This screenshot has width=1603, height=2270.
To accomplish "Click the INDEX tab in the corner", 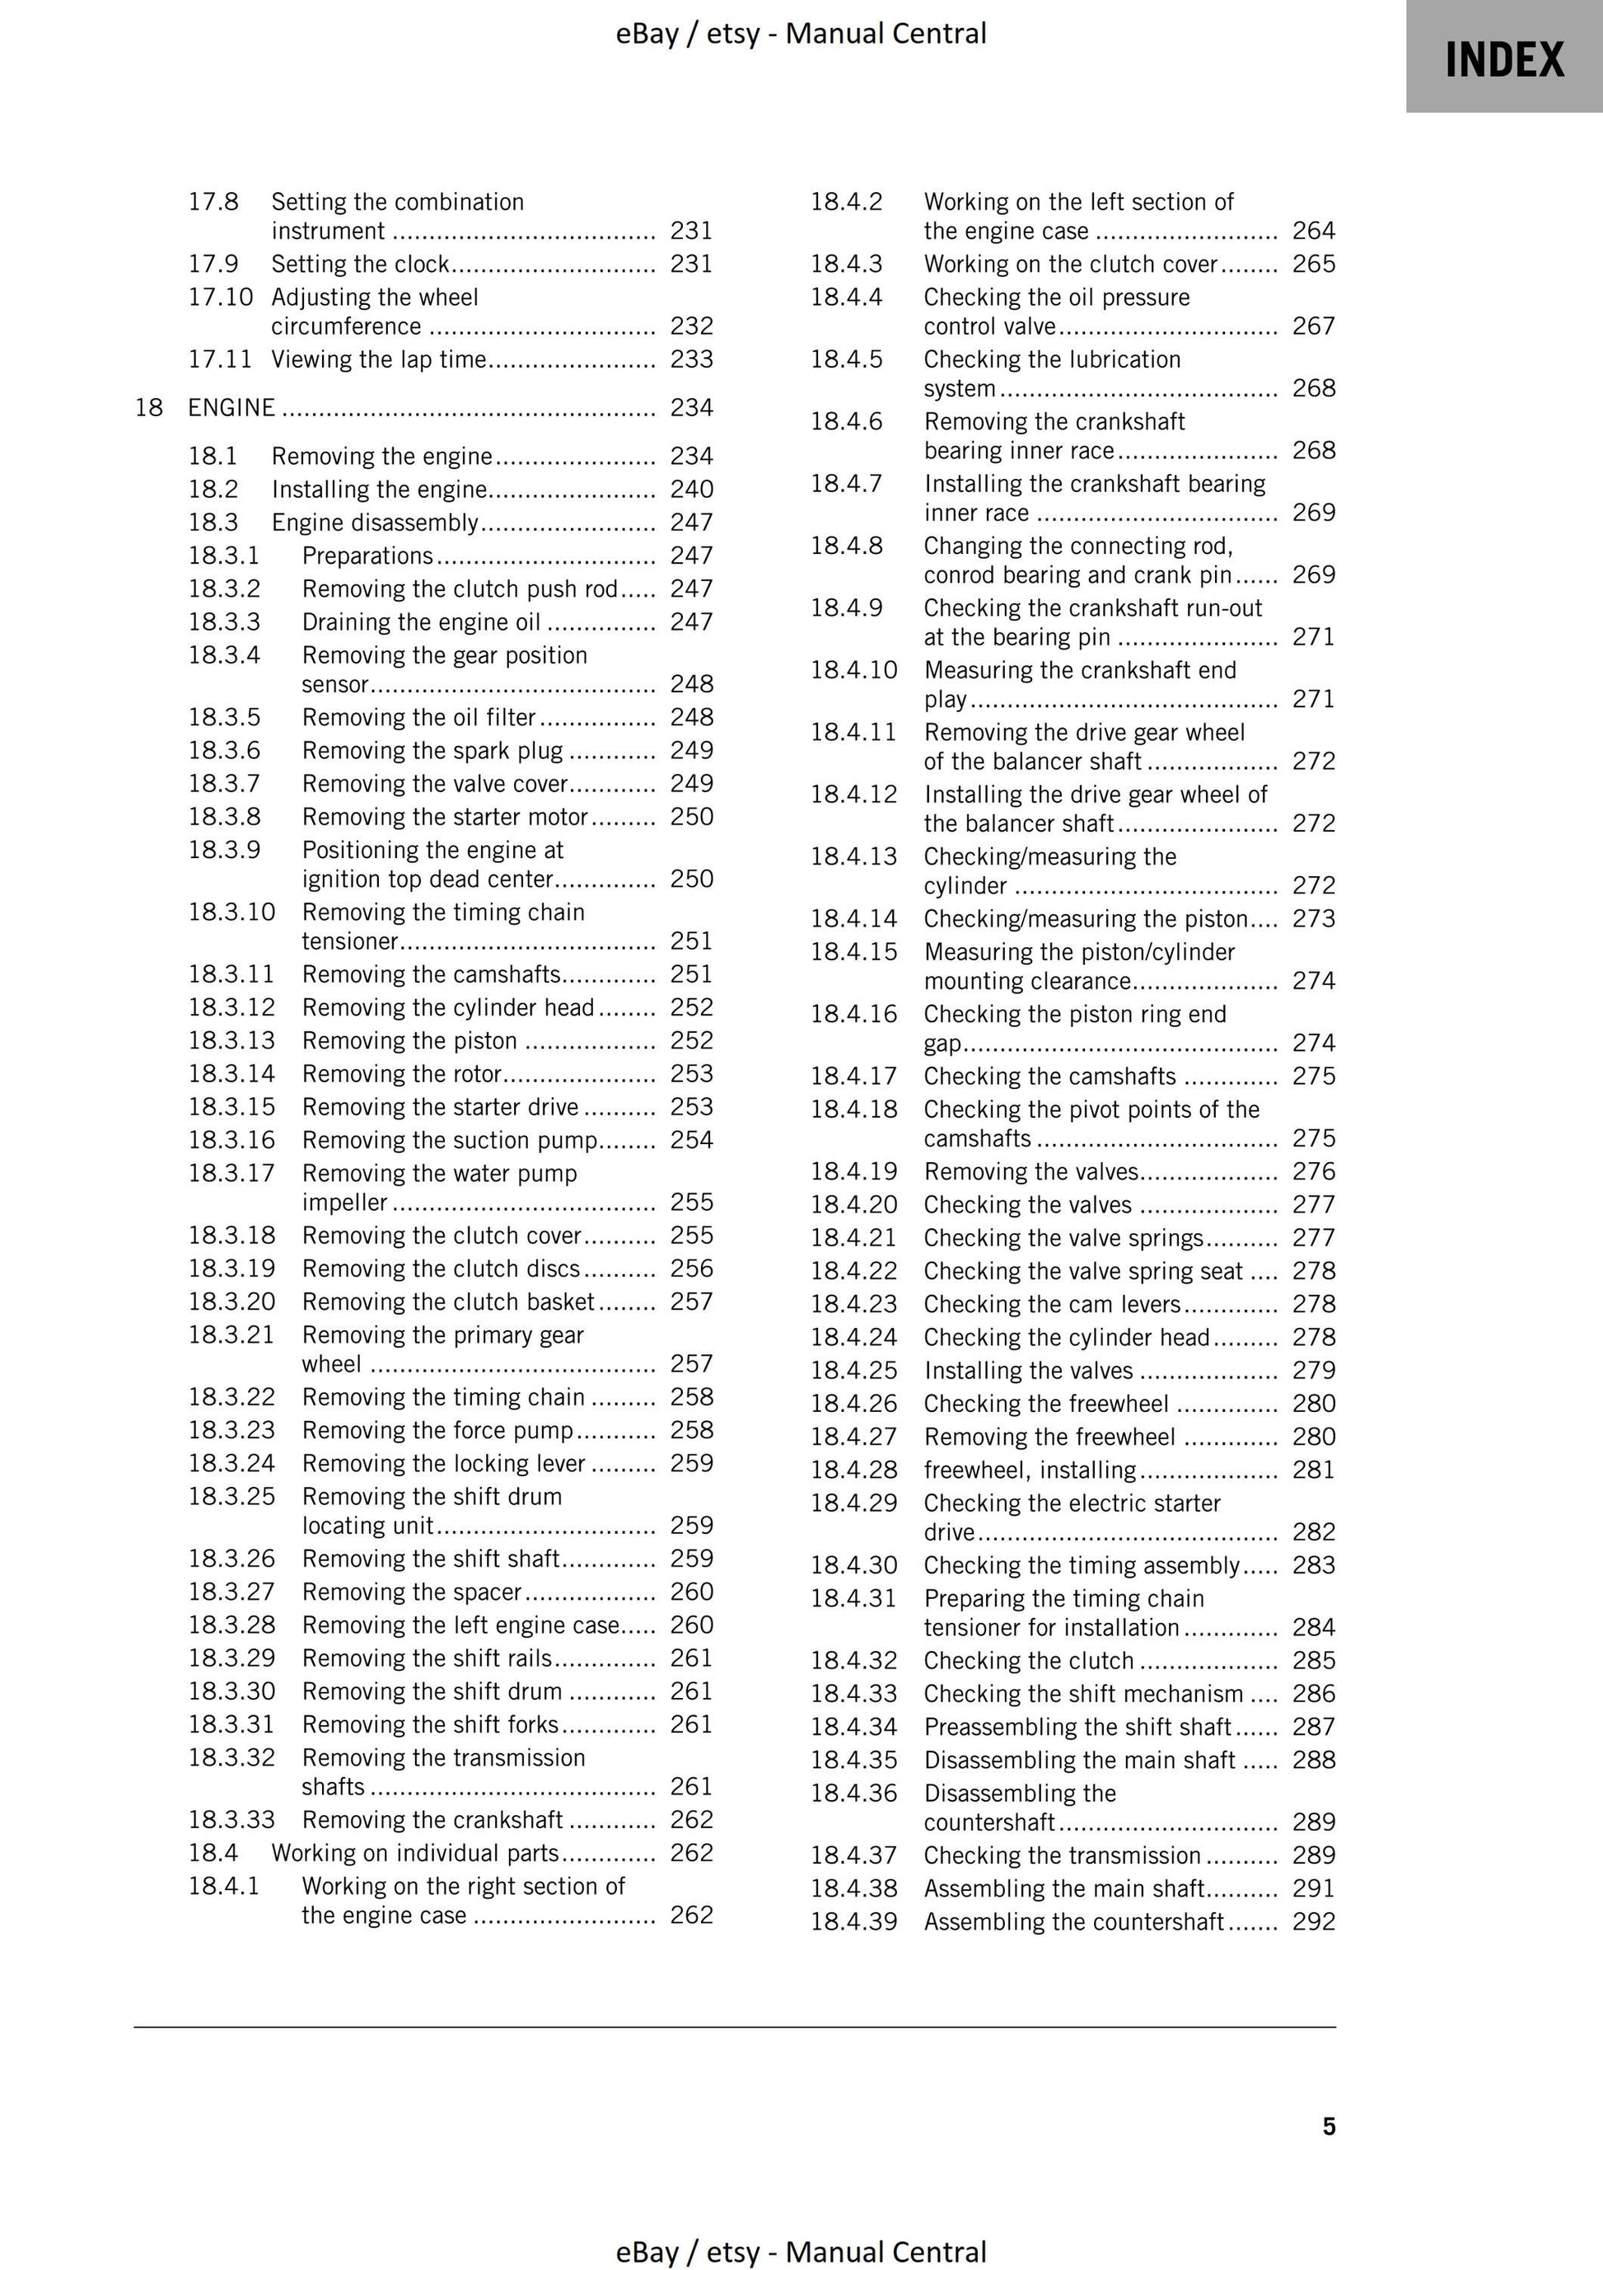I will pos(1503,59).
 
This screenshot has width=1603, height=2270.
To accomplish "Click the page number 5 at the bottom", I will pos(1328,2126).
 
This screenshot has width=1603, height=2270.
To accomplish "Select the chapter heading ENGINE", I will pos(231,407).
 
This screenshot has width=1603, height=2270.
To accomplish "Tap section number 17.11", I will pos(219,359).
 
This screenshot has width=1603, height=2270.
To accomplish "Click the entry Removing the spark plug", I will pos(432,750).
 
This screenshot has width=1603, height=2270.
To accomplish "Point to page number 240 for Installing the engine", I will pos(691,490).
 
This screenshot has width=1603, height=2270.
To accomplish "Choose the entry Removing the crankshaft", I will pos(432,1819).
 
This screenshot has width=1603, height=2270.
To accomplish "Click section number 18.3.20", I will pos(231,1301).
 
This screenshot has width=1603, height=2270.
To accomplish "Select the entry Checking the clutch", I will pos(1028,1660).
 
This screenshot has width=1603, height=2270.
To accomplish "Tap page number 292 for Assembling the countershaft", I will pos(1313,1921).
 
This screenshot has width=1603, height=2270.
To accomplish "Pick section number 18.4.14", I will pos(854,918).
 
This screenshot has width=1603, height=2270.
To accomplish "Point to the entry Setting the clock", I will pos(361,264).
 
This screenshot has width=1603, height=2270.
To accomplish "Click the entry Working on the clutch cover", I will pos(1070,264).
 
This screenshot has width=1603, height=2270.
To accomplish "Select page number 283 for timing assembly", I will pos(1313,1565).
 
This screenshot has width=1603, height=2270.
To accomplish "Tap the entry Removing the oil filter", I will pos(418,717).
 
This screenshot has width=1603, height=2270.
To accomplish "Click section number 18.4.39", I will pos(854,1921).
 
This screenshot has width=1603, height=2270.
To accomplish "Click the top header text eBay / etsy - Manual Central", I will pos(801,34).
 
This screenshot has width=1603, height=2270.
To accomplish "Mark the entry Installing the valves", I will pos(1028,1370).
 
